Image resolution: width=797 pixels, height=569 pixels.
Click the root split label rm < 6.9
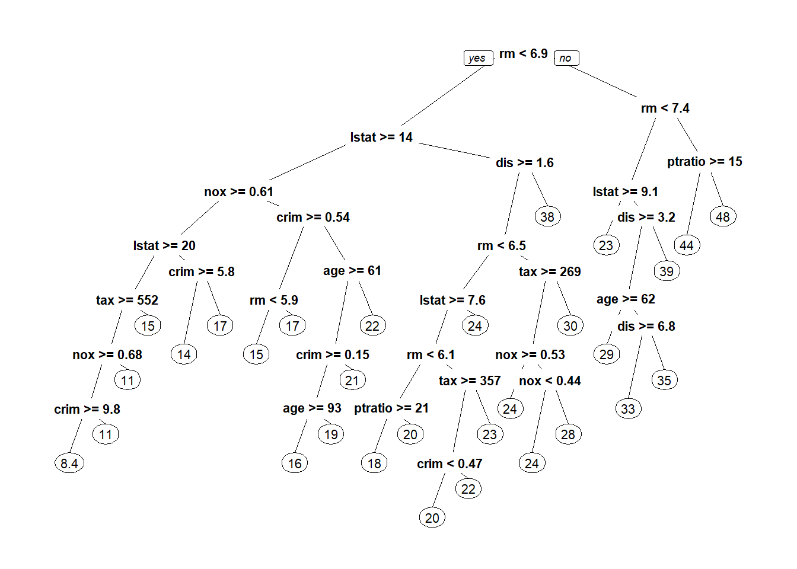(x=523, y=54)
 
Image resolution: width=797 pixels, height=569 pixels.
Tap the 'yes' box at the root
(x=477, y=58)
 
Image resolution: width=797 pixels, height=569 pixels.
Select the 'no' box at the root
(x=566, y=58)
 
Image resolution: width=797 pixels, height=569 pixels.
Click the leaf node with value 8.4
(x=69, y=463)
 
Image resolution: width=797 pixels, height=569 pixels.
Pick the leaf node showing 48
(x=723, y=217)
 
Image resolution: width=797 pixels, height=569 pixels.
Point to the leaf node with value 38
(x=547, y=217)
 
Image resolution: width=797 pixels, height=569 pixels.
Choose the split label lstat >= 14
(x=381, y=138)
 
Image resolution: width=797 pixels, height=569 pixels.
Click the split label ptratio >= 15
(x=704, y=162)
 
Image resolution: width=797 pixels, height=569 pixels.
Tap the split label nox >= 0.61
(x=239, y=192)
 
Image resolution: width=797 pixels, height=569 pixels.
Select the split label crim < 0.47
(x=449, y=464)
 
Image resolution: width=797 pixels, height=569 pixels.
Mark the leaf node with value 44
(x=687, y=245)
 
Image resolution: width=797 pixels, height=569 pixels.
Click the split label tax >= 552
(x=127, y=301)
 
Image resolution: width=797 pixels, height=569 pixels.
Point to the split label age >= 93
(x=312, y=408)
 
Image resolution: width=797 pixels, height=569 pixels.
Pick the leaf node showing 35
(x=664, y=381)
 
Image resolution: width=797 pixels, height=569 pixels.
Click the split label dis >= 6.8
(x=646, y=327)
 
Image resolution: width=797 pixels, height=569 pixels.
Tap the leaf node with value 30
(x=570, y=326)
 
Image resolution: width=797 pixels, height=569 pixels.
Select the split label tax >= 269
(x=550, y=272)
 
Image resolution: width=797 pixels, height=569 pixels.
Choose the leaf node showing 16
(x=295, y=463)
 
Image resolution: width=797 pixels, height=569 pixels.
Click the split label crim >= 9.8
(x=87, y=410)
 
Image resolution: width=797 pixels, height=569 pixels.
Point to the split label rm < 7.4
(x=665, y=108)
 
